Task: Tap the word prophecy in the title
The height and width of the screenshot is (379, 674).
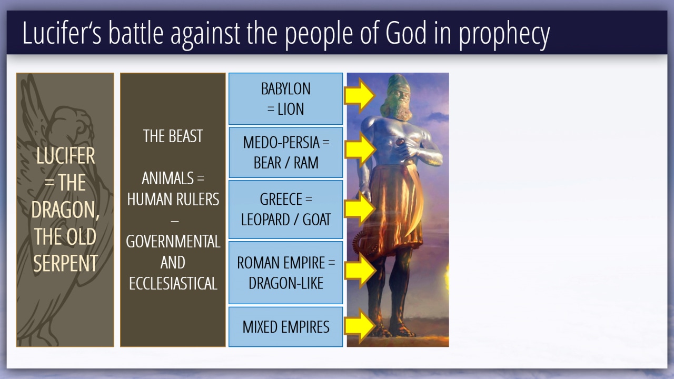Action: tap(504, 35)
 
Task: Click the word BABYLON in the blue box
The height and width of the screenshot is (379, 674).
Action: tap(285, 89)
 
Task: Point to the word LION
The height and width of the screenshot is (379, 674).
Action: tap(290, 109)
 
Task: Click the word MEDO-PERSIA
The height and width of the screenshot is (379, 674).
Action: tap(281, 142)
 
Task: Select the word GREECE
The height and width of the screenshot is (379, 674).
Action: tap(281, 199)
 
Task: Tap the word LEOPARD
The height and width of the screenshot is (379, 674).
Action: tap(264, 220)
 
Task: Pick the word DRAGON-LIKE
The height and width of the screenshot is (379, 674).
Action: tap(286, 283)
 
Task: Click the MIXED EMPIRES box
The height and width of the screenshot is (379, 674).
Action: tap(285, 327)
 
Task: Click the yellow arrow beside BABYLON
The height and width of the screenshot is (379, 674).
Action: tap(359, 95)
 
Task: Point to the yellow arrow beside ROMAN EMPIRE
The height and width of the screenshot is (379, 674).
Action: tap(360, 270)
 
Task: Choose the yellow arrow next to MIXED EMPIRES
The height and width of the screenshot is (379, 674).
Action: tap(360, 326)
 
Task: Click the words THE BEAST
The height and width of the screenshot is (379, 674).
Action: tap(173, 136)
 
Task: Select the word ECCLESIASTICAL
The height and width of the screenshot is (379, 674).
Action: tap(173, 283)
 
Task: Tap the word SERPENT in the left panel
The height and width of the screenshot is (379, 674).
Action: tap(65, 263)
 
